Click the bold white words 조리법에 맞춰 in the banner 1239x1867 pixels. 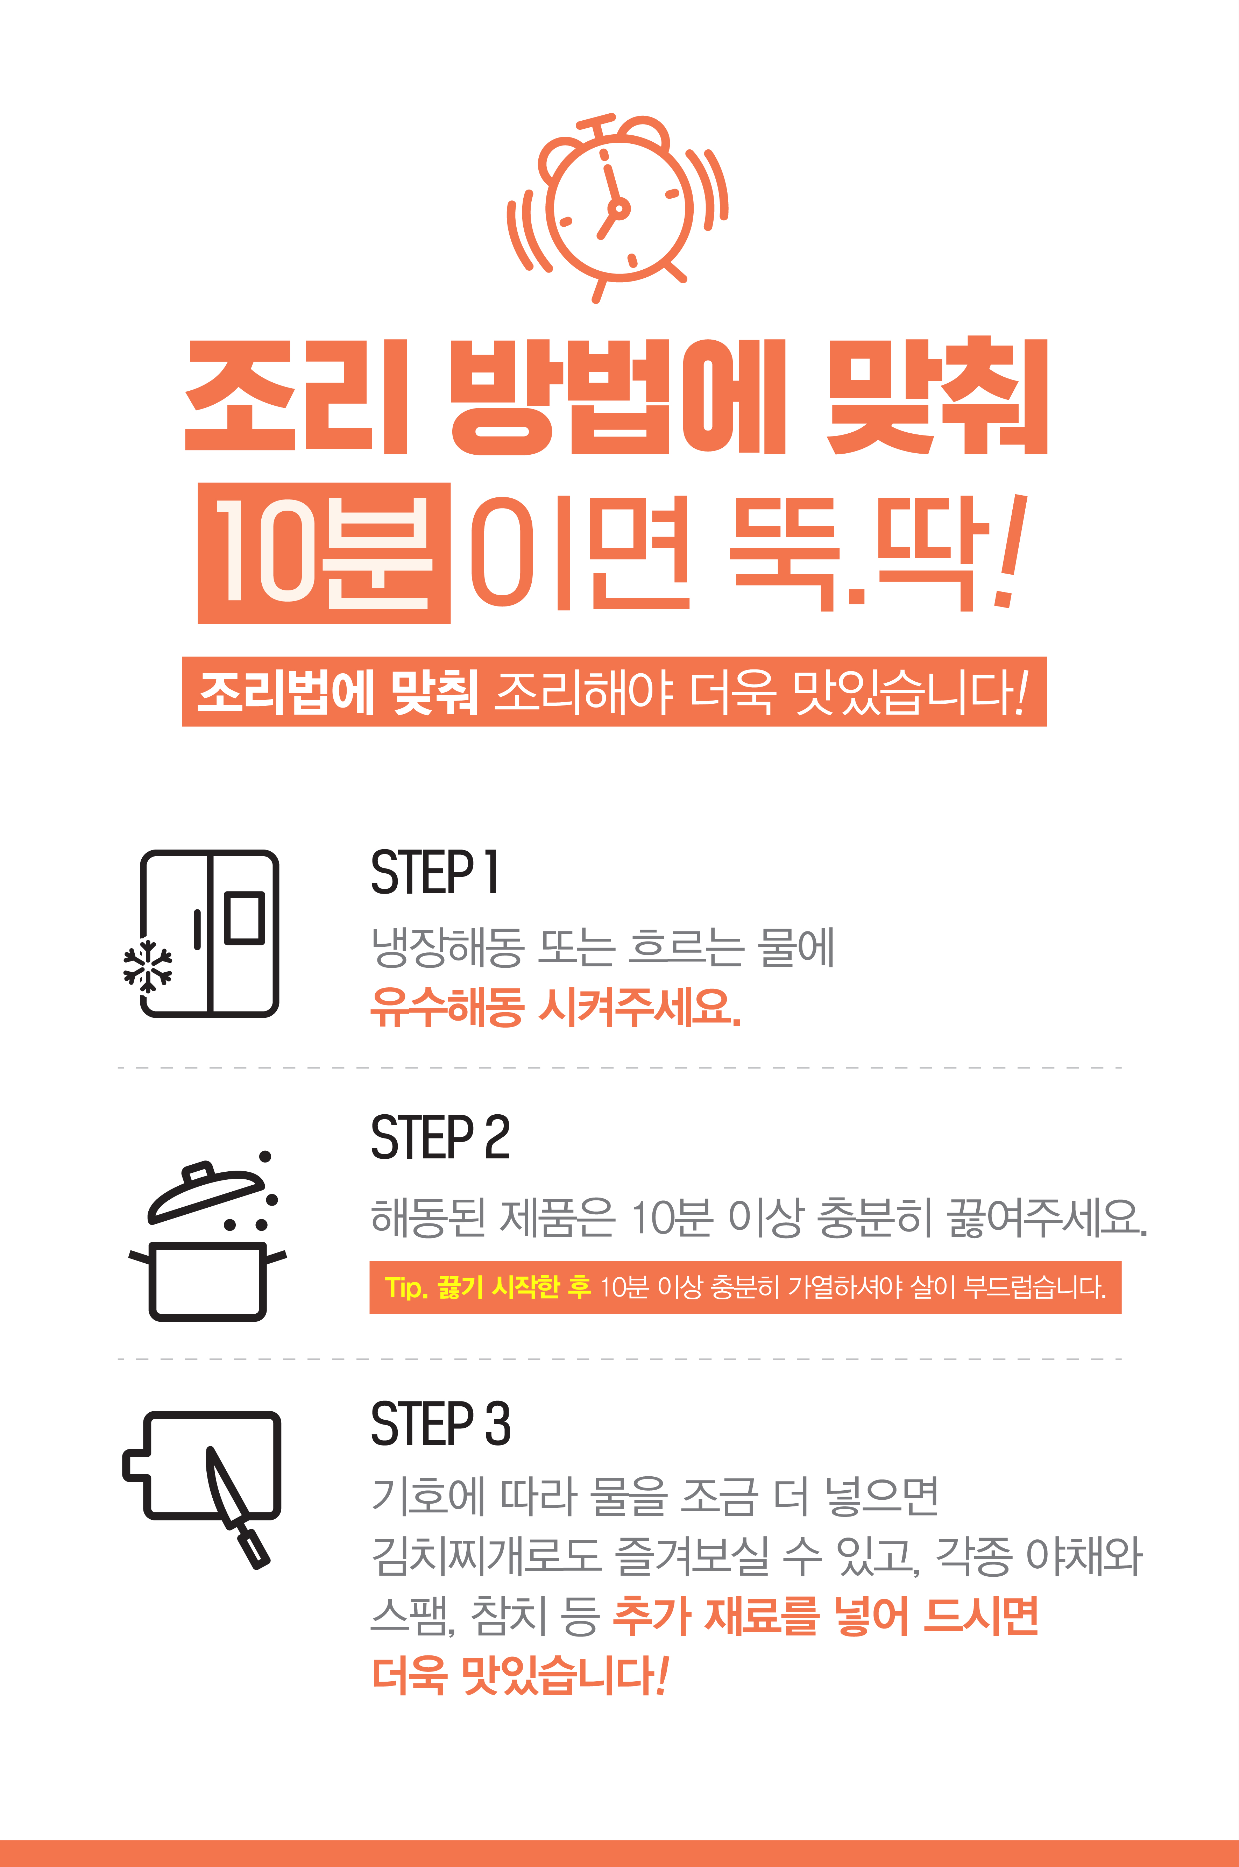tap(338, 692)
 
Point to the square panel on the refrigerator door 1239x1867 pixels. tap(244, 917)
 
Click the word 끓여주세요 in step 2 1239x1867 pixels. tap(1047, 1218)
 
